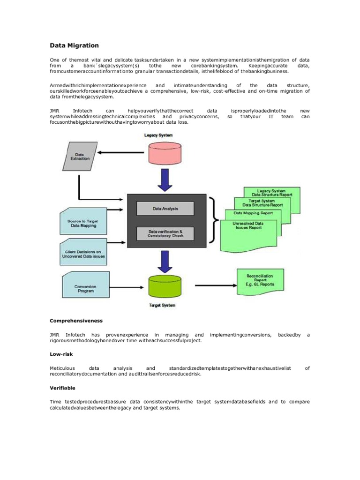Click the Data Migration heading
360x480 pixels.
pos(75,45)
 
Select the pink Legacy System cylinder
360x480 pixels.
pos(165,153)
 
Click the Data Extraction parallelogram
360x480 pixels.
pos(79,156)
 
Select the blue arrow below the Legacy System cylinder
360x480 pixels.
pos(165,180)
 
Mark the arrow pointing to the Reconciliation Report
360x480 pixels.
pos(214,285)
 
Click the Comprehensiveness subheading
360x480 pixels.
pos(76,321)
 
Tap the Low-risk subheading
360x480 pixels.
pos(61,354)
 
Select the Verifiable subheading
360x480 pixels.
pos(63,388)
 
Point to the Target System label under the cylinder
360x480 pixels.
pos(162,305)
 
